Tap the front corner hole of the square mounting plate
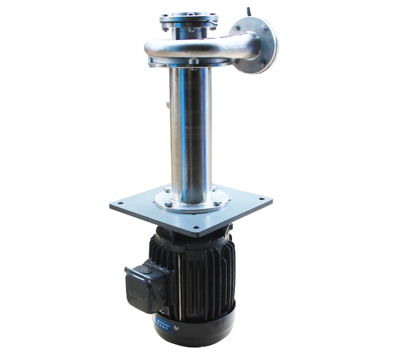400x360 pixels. (x=197, y=234)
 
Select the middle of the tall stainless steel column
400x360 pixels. (x=191, y=133)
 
